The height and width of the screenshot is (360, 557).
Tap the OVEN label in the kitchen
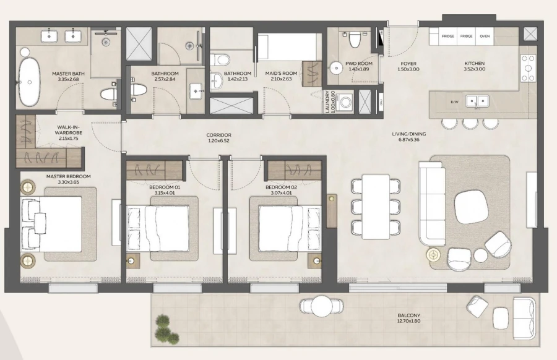pyautogui.click(x=485, y=36)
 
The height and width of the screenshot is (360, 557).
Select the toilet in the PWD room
pyautogui.click(x=355, y=40)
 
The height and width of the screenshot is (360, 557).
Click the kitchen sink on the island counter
pyautogui.click(x=477, y=100)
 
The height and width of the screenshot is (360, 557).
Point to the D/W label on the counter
pyautogui.click(x=454, y=101)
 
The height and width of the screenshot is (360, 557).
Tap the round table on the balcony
pyautogui.click(x=321, y=306)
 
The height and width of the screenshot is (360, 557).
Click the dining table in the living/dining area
pyautogui.click(x=376, y=207)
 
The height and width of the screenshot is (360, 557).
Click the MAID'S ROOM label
pyautogui.click(x=282, y=74)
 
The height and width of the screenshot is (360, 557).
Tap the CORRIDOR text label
pyautogui.click(x=218, y=134)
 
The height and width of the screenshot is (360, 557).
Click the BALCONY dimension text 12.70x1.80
pyautogui.click(x=409, y=322)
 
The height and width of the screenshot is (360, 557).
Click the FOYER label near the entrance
pyautogui.click(x=408, y=64)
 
